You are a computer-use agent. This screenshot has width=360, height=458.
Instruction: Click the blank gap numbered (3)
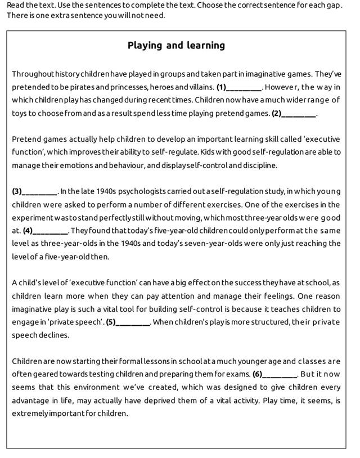point(39,191)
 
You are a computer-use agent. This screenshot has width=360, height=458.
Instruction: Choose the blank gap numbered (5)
point(133,322)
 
